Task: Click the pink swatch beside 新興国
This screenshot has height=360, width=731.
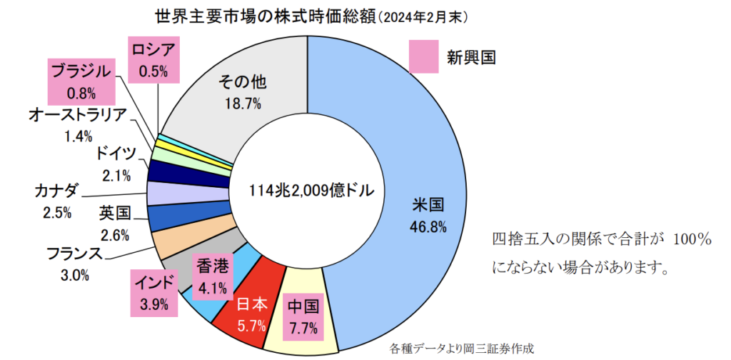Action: pos(422,56)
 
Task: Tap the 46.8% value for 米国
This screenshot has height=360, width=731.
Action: pos(428,227)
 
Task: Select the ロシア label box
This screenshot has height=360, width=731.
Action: pos(154,60)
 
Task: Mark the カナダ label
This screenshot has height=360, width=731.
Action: pos(56,191)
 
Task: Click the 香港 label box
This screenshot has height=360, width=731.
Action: pos(211,278)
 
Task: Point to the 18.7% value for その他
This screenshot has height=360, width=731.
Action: pos(243,103)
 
